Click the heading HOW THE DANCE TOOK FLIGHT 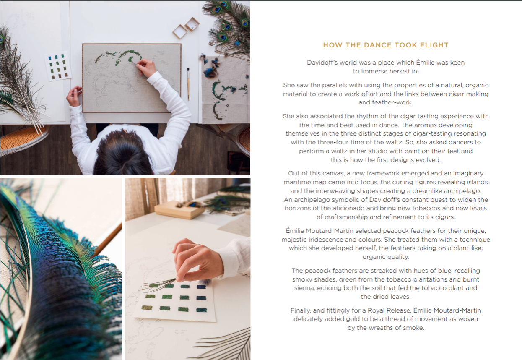tap(386, 45)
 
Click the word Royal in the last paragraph tap(376, 310)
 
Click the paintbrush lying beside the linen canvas tap(188, 84)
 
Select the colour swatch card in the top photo tap(57, 66)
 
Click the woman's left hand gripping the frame tap(74, 96)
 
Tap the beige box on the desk tap(180, 210)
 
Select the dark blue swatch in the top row tap(201, 287)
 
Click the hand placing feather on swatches tap(197, 261)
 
